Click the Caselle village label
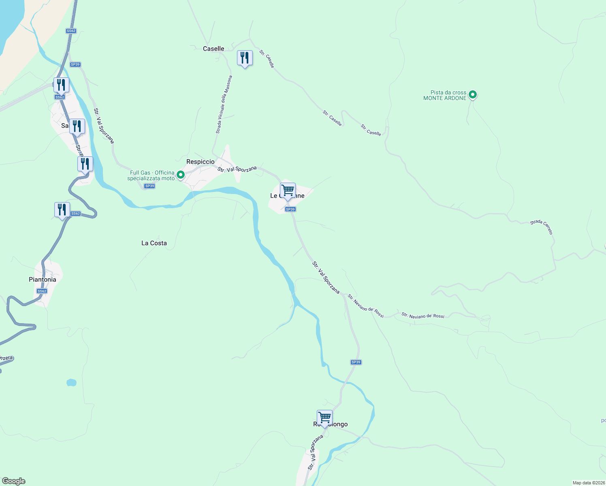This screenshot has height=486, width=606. click(213, 49)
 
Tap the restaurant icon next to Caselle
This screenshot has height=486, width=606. click(245, 58)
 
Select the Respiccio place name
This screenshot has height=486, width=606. click(200, 162)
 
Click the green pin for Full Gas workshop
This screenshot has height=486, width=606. click(181, 175)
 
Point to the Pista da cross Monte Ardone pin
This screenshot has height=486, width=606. click(472, 95)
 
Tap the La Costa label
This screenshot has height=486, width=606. click(154, 243)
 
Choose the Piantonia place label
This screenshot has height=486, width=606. click(43, 279)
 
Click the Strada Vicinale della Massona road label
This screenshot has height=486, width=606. click(224, 104)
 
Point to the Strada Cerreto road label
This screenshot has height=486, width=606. click(542, 227)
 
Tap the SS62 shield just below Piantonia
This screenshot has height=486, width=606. click(42, 291)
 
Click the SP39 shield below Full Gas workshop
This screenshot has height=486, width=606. click(149, 186)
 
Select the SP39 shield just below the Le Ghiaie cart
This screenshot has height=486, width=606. click(290, 209)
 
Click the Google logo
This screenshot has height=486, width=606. click(14, 481)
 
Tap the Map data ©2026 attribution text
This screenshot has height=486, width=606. click(588, 483)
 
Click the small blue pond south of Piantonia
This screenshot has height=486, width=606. click(71, 382)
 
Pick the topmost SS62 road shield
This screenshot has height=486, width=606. click(71, 31)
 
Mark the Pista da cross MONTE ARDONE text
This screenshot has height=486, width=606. click(445, 95)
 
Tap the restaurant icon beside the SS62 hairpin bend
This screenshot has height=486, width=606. click(62, 210)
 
